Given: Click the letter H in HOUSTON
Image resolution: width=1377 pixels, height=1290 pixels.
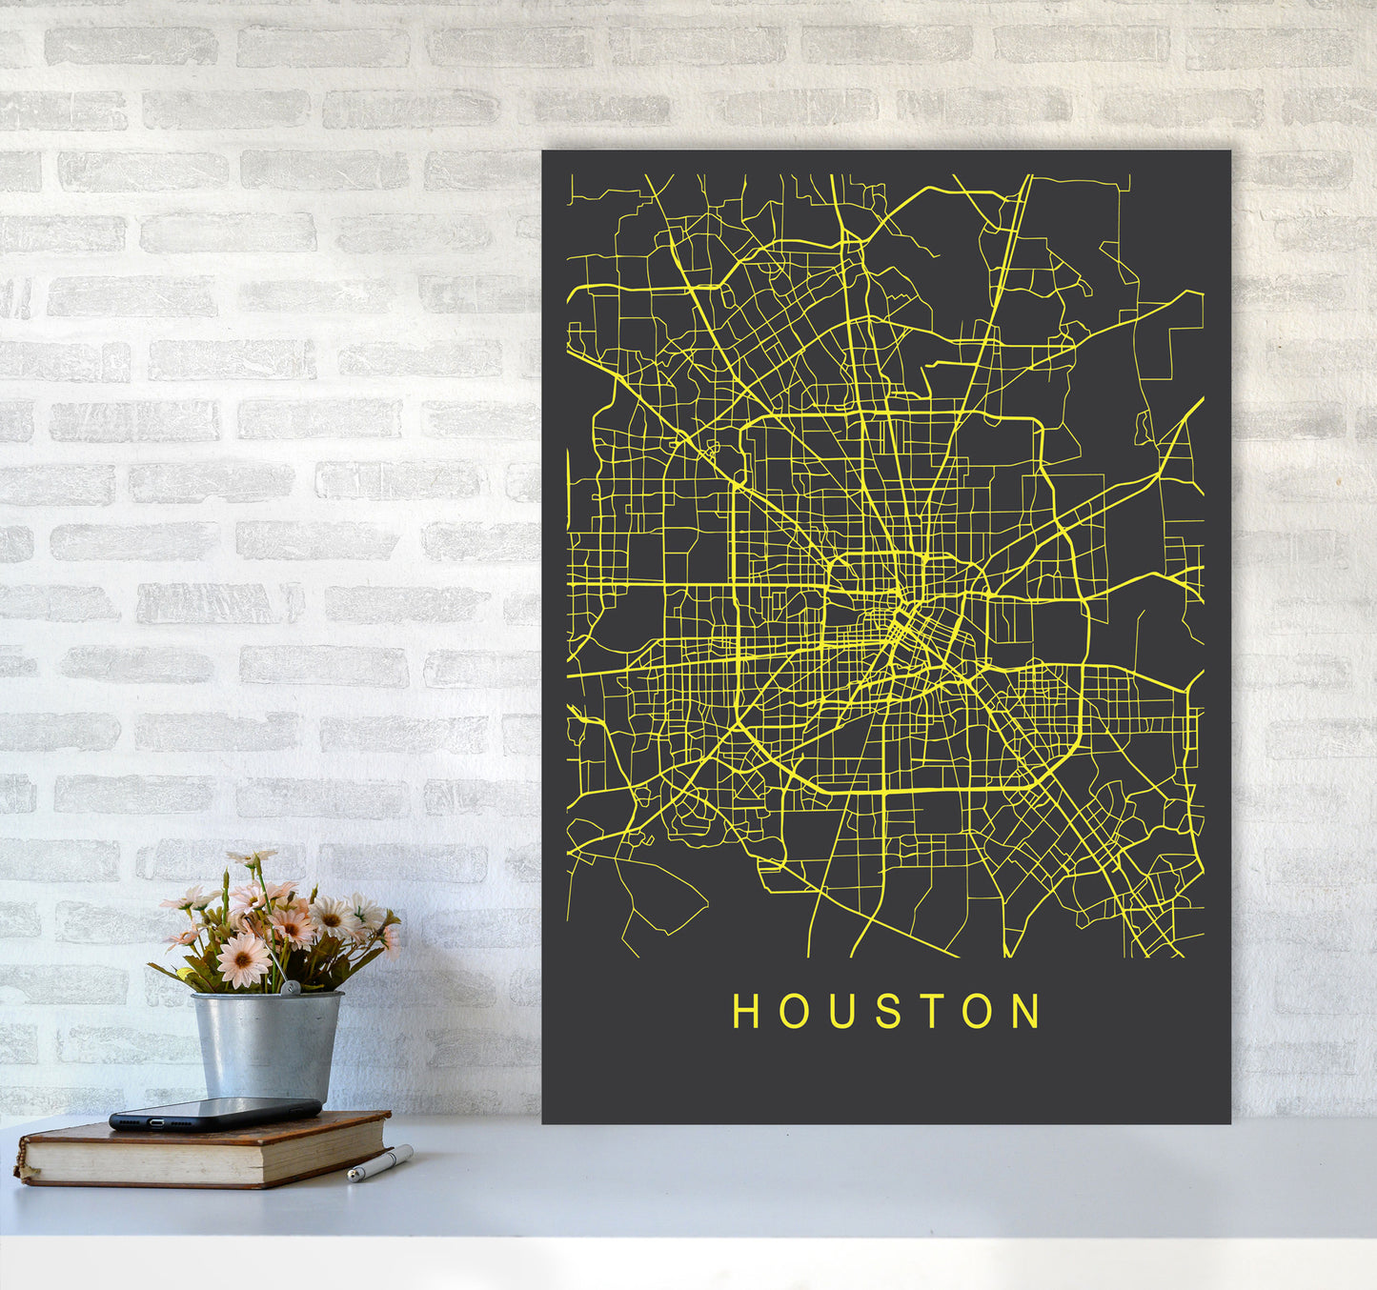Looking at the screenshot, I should pyautogui.click(x=745, y=1011).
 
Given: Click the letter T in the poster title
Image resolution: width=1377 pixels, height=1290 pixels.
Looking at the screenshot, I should pyautogui.click(x=932, y=1011).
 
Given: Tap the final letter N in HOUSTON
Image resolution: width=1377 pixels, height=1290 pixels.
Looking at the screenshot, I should pyautogui.click(x=1025, y=1011).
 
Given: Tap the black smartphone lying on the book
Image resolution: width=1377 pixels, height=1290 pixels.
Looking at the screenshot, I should pyautogui.click(x=214, y=1113).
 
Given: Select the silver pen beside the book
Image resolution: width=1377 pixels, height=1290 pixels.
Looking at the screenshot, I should pyautogui.click(x=380, y=1164).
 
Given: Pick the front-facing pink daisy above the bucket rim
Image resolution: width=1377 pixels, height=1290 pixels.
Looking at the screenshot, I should pyautogui.click(x=243, y=959).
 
